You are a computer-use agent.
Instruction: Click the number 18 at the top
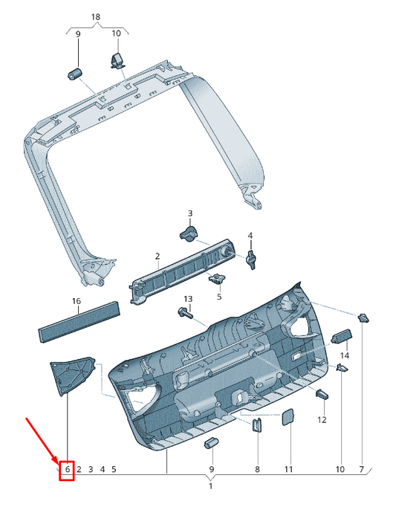tap(96, 17)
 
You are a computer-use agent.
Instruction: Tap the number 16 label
tap(77, 302)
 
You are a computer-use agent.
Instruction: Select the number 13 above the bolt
tap(188, 299)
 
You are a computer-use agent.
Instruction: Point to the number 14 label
tap(345, 355)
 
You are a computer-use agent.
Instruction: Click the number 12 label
tap(322, 420)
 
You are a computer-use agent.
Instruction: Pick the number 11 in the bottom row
tap(289, 469)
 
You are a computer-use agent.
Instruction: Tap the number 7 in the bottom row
tap(362, 469)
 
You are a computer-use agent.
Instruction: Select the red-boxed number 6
tap(68, 469)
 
